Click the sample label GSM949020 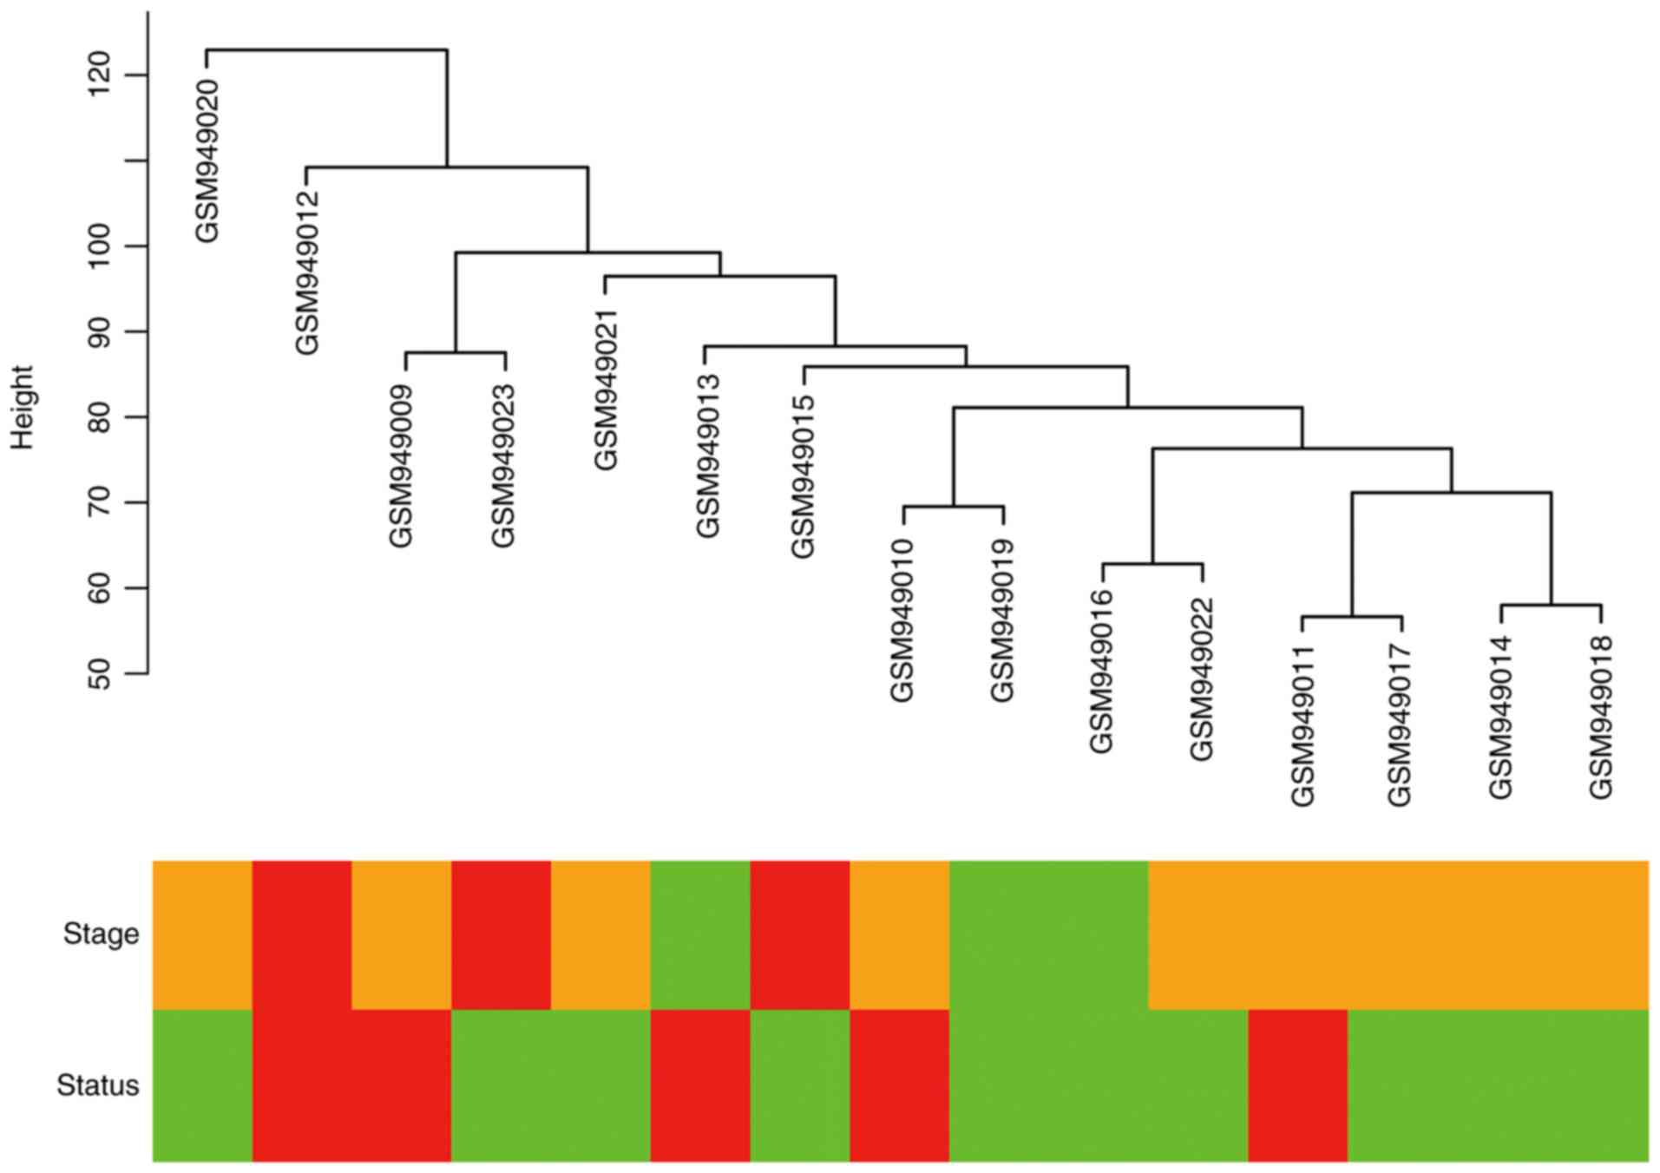[x=207, y=161]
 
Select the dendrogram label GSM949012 [x=307, y=272]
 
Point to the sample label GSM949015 [x=804, y=476]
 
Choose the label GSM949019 [x=1003, y=619]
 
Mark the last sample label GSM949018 [x=1601, y=717]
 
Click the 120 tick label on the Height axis [x=102, y=75]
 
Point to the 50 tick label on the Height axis [x=102, y=672]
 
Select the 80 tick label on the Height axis [x=102, y=416]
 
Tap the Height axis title [x=23, y=407]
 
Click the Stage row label [x=101, y=934]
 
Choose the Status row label [x=97, y=1085]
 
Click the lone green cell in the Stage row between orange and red [x=699, y=934]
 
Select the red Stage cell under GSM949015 [x=799, y=934]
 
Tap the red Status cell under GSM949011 [x=1297, y=1085]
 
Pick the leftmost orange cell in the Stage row [x=202, y=934]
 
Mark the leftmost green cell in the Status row [x=202, y=1085]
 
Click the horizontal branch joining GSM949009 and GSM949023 [x=456, y=352]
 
